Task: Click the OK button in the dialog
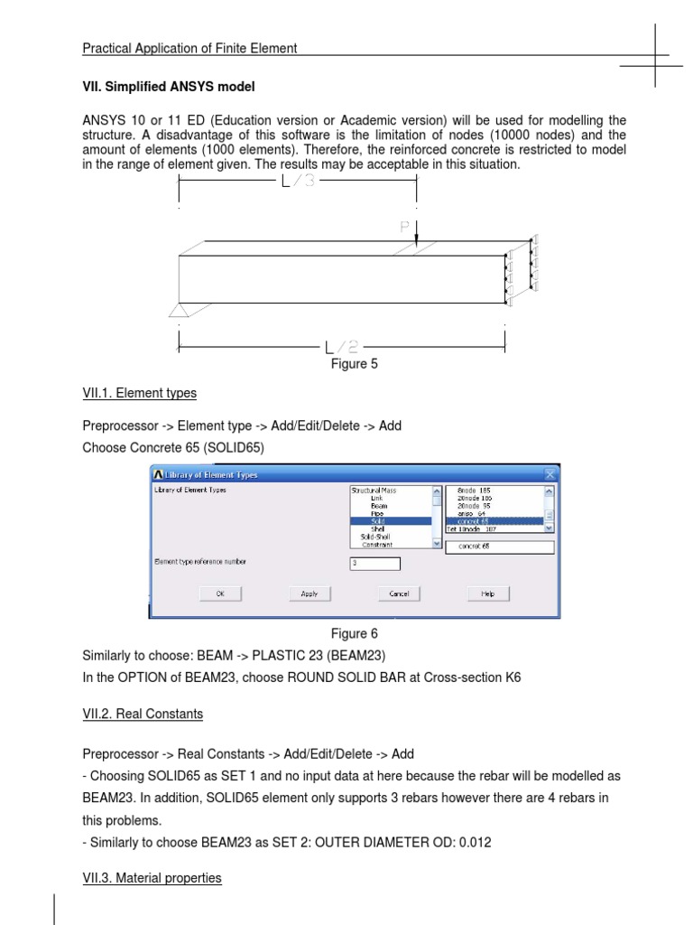click(220, 593)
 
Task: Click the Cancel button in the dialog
click(399, 593)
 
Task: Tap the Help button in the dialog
click(488, 593)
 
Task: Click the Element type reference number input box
click(374, 564)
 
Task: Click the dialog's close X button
click(550, 474)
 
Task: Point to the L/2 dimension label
click(343, 347)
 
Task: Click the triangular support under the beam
click(179, 310)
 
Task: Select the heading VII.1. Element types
click(139, 393)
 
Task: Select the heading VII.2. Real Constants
click(143, 714)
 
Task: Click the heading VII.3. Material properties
click(152, 877)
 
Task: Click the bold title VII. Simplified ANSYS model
click(169, 87)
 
